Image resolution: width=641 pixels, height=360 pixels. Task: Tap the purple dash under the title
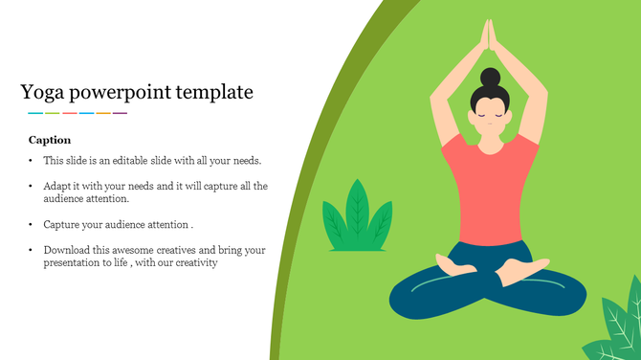[x=120, y=113]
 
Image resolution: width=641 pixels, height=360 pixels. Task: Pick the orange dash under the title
[x=102, y=113]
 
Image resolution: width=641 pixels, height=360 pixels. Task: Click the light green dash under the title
[x=53, y=113]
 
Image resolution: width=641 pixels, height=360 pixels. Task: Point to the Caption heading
[x=50, y=140]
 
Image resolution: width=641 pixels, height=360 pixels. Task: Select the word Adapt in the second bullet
[x=57, y=186]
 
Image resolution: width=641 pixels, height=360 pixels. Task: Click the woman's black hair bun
[x=491, y=77]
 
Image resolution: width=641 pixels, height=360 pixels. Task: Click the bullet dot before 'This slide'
[x=31, y=161]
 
